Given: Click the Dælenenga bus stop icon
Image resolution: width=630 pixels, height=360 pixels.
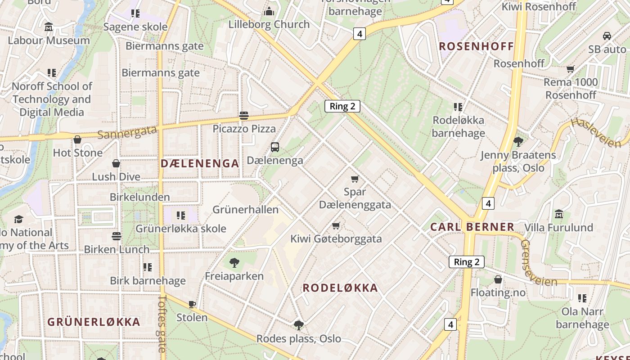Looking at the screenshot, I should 274,147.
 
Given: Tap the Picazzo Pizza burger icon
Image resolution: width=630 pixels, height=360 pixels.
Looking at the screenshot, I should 244,116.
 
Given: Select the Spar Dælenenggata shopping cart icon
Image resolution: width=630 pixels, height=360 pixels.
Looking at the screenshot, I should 355,179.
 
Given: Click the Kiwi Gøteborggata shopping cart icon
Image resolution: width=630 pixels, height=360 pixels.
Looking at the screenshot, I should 336,225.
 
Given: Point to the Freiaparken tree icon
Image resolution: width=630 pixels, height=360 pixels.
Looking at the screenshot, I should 234,262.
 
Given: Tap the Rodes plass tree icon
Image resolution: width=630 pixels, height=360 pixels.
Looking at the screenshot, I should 298,325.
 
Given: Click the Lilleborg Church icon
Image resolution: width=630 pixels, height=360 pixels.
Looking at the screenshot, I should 269,11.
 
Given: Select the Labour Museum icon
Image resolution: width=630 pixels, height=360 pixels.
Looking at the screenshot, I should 49,27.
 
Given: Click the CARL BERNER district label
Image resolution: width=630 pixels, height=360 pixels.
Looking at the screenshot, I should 472,227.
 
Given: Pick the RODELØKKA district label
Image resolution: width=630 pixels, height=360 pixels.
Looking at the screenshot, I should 340,288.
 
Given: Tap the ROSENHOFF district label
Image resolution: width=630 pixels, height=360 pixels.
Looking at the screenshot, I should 476,46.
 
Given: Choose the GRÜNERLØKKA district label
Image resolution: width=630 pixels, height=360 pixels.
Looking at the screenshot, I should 94,322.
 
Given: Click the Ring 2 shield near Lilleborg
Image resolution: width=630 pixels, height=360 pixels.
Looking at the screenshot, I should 342,106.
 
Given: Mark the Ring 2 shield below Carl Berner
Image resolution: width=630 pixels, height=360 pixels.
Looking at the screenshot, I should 467,262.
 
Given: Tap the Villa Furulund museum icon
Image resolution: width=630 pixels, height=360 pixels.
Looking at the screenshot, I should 559,214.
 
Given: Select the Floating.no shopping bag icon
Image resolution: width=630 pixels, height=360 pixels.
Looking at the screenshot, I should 498,279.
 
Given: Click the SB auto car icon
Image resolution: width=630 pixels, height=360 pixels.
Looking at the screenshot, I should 607,36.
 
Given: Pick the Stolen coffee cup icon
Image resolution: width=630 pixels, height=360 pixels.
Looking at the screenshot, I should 192,304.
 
